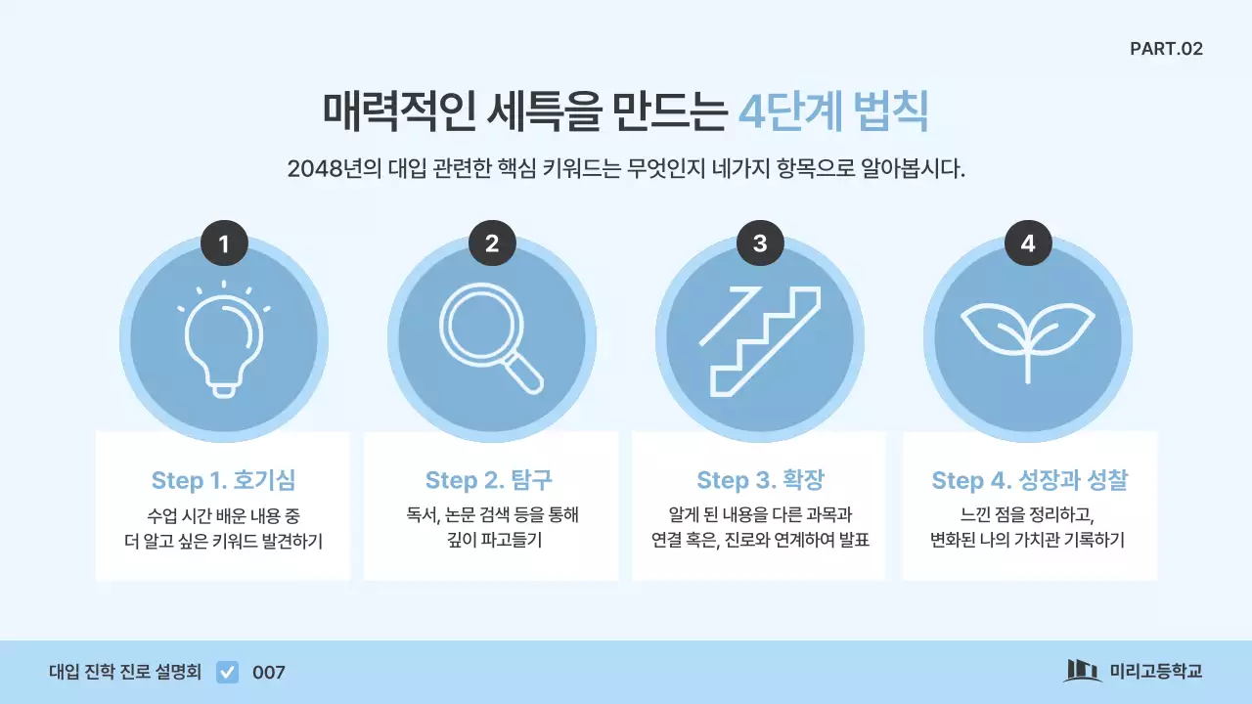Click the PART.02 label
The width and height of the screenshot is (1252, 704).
[x=1166, y=49]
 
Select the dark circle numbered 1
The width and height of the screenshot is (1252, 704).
[x=224, y=243]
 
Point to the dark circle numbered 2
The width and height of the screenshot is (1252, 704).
[x=492, y=243]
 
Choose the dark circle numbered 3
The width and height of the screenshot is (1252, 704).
[x=760, y=243]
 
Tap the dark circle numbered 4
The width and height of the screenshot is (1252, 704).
[x=1028, y=243]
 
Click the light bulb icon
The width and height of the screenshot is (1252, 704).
[x=224, y=340]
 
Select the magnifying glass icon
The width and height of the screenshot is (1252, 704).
[x=492, y=340]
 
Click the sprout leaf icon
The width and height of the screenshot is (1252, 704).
[x=1028, y=337]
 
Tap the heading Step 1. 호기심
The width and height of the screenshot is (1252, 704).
[x=223, y=480]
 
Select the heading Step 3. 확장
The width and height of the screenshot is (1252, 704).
[x=760, y=480]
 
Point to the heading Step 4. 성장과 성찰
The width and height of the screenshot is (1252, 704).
[x=1029, y=480]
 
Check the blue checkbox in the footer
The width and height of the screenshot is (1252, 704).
[x=227, y=672]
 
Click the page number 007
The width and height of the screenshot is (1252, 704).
[x=269, y=673]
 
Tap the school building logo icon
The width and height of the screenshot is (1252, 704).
[x=1081, y=671]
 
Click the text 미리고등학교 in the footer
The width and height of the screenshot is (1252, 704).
[x=1155, y=672]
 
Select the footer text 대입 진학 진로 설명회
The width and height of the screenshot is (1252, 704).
[x=125, y=673]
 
